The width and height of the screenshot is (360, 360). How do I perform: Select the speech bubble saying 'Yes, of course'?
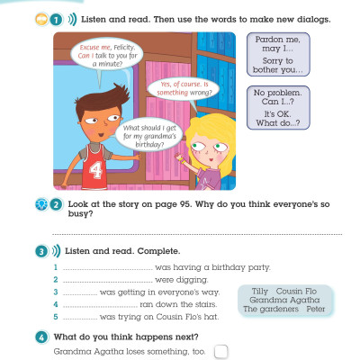183,91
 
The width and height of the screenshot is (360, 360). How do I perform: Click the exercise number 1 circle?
57,18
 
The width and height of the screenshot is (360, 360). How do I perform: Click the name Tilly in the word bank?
258,291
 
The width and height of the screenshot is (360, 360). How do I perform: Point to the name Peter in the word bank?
314,309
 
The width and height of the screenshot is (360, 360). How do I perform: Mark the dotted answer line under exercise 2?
198,232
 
